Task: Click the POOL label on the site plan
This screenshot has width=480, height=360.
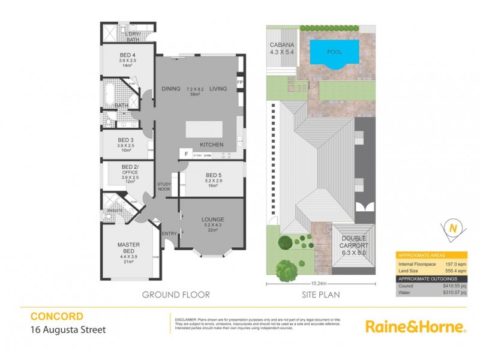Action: [335, 52]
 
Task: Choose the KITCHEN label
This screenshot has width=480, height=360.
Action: [212, 145]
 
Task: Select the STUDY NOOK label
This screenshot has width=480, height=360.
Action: [165, 187]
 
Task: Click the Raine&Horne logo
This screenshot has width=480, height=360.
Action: [415, 327]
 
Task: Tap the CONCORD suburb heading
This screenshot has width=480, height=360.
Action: [56, 316]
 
